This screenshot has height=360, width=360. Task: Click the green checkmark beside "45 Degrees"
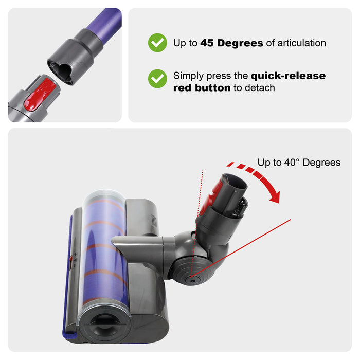[157, 43]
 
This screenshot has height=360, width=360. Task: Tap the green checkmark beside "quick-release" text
[157, 79]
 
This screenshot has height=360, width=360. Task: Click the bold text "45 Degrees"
[232, 43]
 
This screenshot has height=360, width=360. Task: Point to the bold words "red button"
[202, 88]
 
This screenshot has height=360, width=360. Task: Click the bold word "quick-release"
[288, 76]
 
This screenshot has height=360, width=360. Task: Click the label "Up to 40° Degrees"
[299, 163]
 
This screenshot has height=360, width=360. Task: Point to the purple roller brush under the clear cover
[103, 242]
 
